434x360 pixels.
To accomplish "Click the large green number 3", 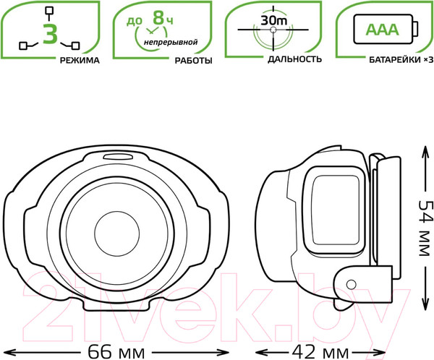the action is (50, 34).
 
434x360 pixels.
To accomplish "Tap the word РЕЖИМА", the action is (80, 60).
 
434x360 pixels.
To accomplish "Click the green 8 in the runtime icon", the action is (158, 17).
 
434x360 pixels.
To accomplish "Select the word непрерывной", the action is (171, 43).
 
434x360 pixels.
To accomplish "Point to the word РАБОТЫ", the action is (193, 61).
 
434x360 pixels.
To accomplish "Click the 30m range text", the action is (274, 20).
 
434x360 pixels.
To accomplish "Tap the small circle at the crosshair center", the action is (273, 30).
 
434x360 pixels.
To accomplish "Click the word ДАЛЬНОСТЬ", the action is (294, 59).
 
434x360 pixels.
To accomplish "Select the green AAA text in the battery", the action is (382, 30).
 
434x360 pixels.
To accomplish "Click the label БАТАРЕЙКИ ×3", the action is (401, 60).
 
